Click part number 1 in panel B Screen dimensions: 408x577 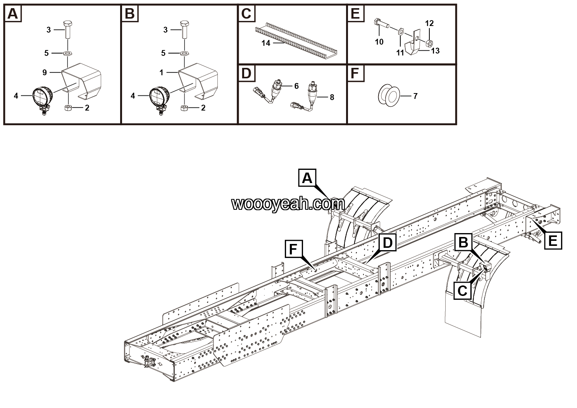[x=161, y=72]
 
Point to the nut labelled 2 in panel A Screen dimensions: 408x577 [x=67, y=107]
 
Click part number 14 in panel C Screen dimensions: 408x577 [x=265, y=43]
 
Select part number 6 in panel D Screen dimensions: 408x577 [x=296, y=86]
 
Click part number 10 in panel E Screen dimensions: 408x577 [x=379, y=41]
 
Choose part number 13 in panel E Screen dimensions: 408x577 [x=435, y=50]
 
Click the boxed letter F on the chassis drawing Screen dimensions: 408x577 [x=293, y=249]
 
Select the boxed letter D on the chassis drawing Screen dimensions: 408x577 [x=388, y=243]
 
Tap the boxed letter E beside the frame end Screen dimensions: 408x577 [x=553, y=241]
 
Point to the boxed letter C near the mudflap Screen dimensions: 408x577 [x=463, y=290]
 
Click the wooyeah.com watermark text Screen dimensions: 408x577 [x=288, y=204]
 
